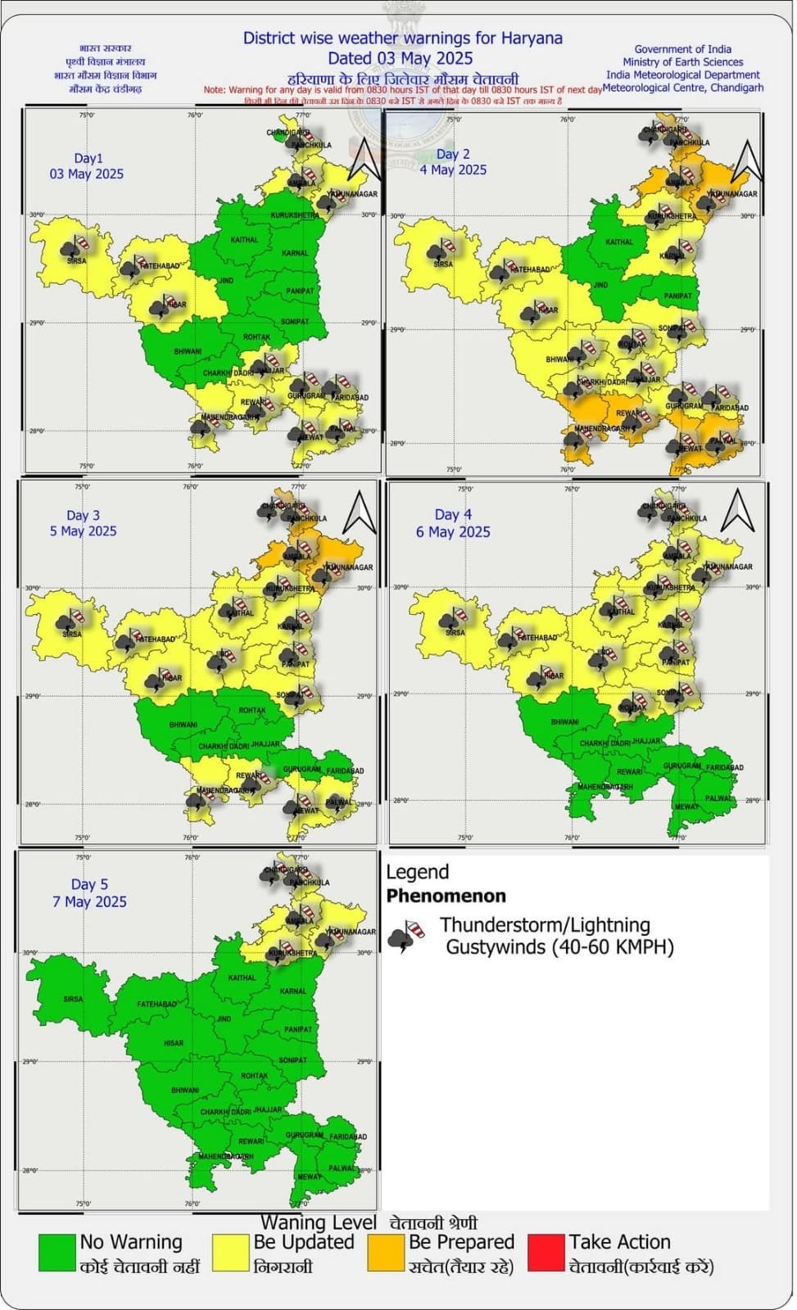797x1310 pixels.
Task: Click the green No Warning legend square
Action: coord(57,1252)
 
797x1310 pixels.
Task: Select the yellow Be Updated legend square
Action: coord(230,1252)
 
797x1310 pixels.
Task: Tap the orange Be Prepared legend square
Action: coord(386,1252)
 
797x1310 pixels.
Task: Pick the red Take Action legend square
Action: coord(546,1252)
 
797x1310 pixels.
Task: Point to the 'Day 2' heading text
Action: coord(453,154)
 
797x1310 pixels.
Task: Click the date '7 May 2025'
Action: coord(89,901)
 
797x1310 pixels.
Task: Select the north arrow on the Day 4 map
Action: coord(737,510)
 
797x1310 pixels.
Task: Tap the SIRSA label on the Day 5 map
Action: coord(73,999)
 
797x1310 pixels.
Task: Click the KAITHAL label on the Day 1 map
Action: coord(244,240)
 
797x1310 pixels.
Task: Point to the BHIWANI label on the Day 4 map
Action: coord(565,722)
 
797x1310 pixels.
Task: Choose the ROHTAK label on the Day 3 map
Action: coord(252,711)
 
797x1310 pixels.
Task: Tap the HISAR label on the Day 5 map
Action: coord(174,1043)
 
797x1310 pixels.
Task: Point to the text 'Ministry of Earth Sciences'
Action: coord(682,62)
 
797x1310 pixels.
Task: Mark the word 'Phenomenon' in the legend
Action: coord(446,896)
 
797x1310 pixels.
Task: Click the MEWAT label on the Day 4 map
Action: coord(686,806)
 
